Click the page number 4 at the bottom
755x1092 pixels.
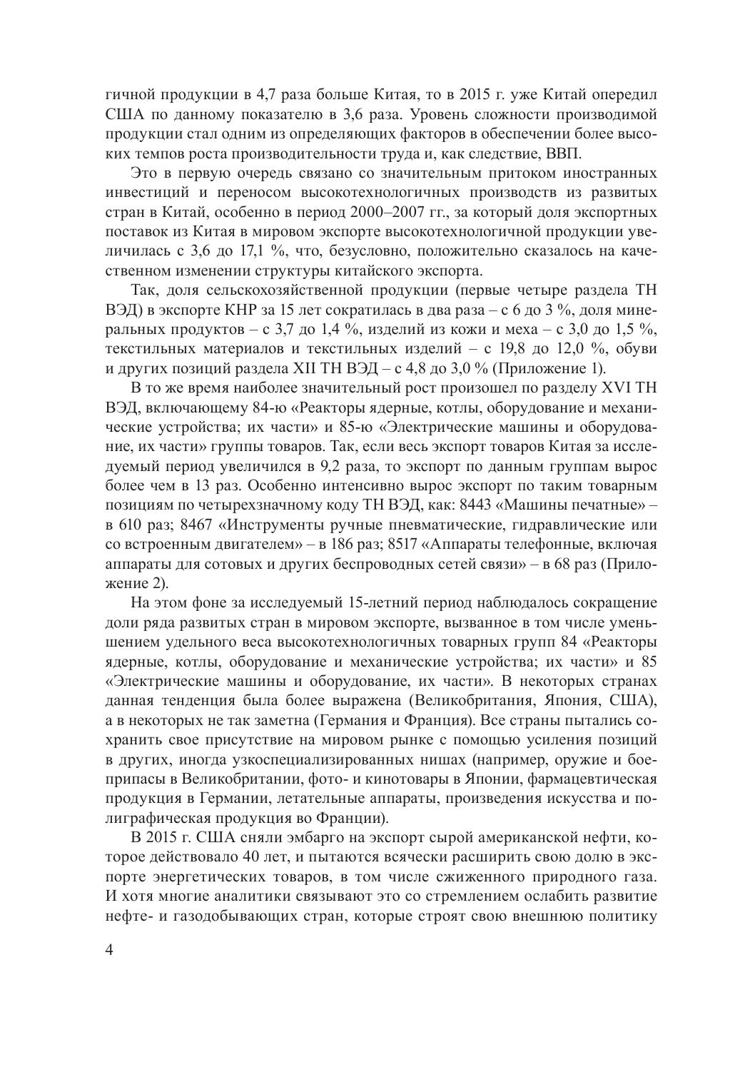[x=109, y=954]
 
